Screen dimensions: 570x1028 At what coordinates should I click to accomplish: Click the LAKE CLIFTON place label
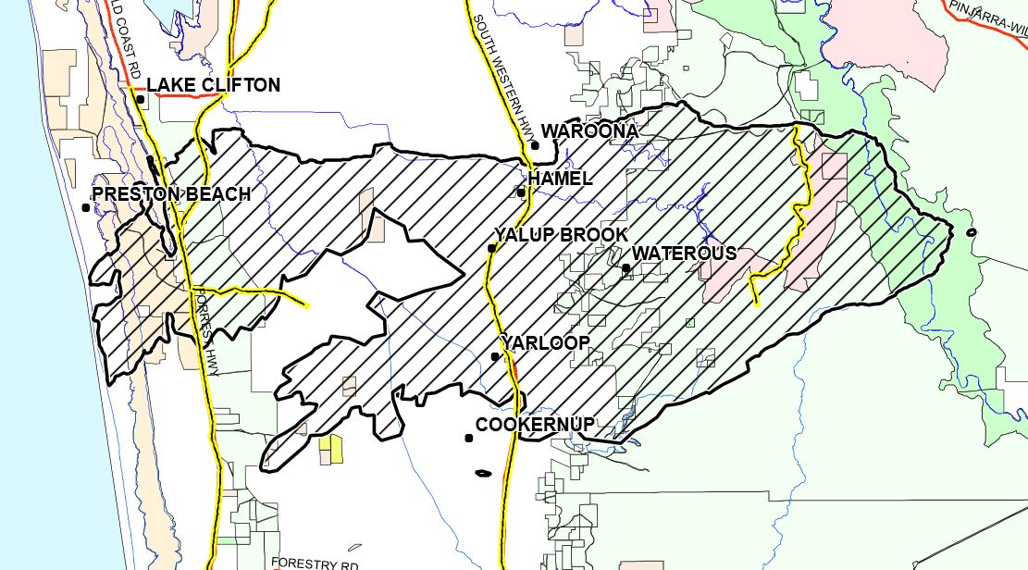pyautogui.click(x=213, y=86)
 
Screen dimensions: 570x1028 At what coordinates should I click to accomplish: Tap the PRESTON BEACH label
pyautogui.click(x=171, y=194)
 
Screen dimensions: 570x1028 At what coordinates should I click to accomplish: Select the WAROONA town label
pyautogui.click(x=589, y=131)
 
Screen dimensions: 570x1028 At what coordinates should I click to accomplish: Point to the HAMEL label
pyautogui.click(x=560, y=179)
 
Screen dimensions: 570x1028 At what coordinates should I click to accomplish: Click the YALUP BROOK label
pyautogui.click(x=561, y=235)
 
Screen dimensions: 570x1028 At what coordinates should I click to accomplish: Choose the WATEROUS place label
pyautogui.click(x=685, y=254)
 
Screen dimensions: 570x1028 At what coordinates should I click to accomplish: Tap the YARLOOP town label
pyautogui.click(x=545, y=342)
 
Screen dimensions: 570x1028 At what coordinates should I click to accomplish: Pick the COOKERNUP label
pyautogui.click(x=535, y=425)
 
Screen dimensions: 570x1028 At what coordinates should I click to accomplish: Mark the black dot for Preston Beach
pyautogui.click(x=86, y=207)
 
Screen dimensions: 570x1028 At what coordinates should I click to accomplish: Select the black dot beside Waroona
pyautogui.click(x=535, y=144)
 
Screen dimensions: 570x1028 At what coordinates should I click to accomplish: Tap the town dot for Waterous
pyautogui.click(x=626, y=268)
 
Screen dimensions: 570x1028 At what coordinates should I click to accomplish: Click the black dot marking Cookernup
pyautogui.click(x=469, y=439)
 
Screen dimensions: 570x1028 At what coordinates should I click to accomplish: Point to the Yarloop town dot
pyautogui.click(x=495, y=356)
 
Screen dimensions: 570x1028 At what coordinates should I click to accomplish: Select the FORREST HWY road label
pyautogui.click(x=204, y=333)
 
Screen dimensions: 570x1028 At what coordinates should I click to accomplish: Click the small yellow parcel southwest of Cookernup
pyautogui.click(x=330, y=451)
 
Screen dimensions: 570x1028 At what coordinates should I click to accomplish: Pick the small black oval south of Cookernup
pyautogui.click(x=482, y=475)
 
